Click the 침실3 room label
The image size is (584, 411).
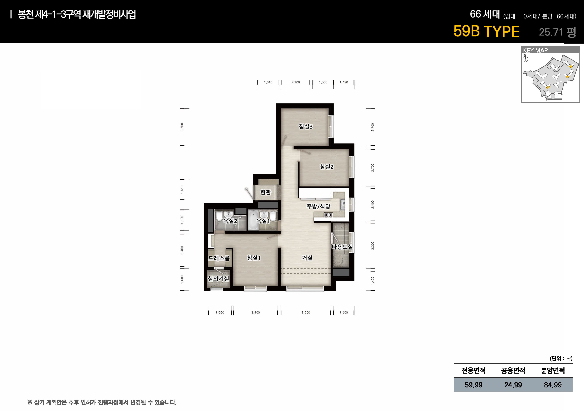click(x=306, y=126)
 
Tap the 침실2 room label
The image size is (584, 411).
click(x=327, y=167)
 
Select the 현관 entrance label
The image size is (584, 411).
click(x=265, y=192)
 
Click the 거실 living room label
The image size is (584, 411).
click(x=307, y=258)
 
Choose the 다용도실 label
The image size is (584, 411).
click(x=342, y=247)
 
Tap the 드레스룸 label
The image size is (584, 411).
click(x=219, y=258)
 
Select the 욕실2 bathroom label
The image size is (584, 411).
click(x=230, y=221)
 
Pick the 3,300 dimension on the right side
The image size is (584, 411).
click(x=373, y=246)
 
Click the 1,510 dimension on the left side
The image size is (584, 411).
click(x=182, y=189)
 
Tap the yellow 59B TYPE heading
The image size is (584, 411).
click(x=486, y=31)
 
